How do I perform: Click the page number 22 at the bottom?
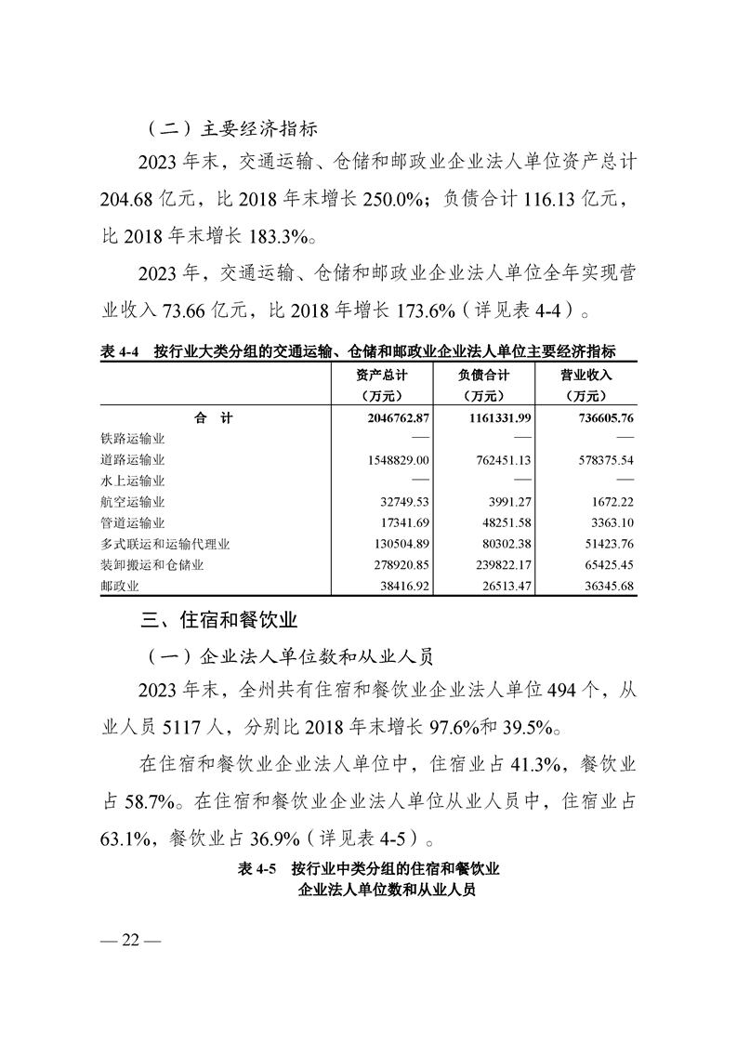131,940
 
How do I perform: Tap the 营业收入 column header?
586,376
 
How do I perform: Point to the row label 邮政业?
119,588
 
